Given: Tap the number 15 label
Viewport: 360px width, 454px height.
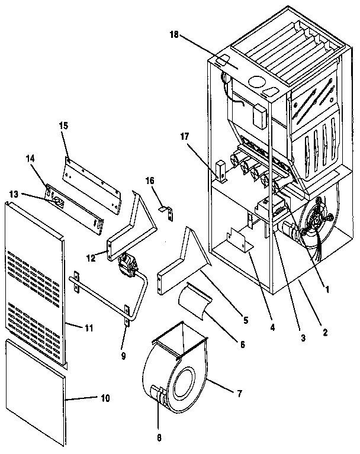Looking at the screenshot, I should coord(65,125).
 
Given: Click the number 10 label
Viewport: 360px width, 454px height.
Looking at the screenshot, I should coord(104,398).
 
